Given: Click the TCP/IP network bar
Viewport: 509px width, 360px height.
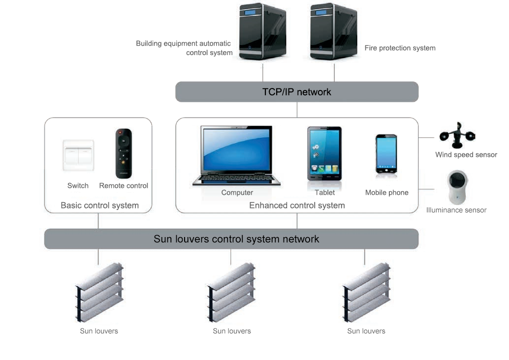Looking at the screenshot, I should click(296, 92).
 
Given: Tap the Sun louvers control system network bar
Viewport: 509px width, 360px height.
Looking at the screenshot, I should click(231, 239).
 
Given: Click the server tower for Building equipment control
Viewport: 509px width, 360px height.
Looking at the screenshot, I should click(262, 32).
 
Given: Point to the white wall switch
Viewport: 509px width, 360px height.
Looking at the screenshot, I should click(78, 156).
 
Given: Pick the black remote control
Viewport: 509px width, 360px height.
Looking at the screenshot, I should click(124, 153).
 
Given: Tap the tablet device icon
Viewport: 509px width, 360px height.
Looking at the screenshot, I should click(324, 154).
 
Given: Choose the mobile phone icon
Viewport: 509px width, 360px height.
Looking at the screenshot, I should click(386, 154).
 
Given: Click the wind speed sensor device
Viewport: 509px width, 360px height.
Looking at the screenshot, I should click(457, 135).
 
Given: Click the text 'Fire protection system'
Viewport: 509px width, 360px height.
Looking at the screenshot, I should click(400, 48).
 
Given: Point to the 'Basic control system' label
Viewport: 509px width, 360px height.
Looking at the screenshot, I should click(99, 206).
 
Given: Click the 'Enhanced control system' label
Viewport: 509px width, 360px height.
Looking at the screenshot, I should click(297, 206).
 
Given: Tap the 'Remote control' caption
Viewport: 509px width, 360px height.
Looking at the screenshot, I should click(124, 186).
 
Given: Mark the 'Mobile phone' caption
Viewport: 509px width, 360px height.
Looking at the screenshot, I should click(386, 193).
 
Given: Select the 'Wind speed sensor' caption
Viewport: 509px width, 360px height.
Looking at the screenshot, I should click(466, 155).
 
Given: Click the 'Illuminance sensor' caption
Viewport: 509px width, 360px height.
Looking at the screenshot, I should click(456, 210).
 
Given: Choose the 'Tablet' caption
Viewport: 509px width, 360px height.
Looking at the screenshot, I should click(324, 193).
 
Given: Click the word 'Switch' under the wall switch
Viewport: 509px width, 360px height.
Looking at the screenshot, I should click(78, 186).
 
